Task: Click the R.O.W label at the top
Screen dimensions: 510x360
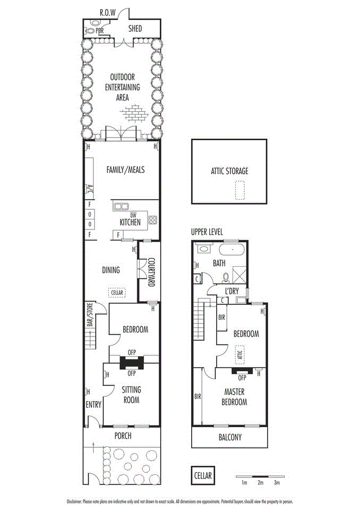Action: (108, 12)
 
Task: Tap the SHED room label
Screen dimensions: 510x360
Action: (134, 28)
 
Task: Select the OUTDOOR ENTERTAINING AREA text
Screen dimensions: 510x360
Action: (122, 87)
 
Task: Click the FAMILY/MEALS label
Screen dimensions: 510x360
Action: (125, 170)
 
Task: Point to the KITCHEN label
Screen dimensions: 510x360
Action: (130, 223)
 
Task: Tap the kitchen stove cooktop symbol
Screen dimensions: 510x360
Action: (152, 220)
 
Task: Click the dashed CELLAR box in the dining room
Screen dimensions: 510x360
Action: (116, 292)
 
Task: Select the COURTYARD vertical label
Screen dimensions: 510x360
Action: (150, 273)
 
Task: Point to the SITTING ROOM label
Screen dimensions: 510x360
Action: (131, 395)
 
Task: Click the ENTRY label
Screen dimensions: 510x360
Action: (93, 405)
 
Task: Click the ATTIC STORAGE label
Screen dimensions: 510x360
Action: (229, 171)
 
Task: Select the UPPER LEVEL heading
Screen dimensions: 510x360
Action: (208, 232)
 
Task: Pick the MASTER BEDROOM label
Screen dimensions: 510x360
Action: (234, 397)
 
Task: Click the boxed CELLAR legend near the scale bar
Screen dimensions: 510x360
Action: (202, 475)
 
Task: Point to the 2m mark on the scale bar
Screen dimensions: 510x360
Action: (260, 483)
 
